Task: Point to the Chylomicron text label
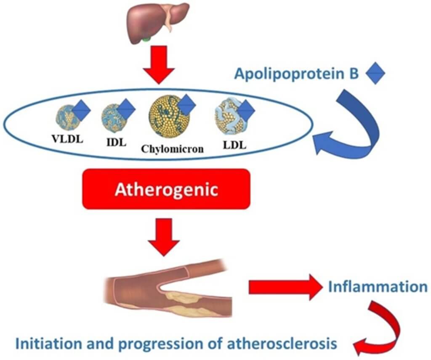click(x=166, y=148)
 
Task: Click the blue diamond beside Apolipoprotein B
click(x=375, y=74)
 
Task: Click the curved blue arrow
click(x=358, y=126)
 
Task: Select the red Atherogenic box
click(x=167, y=190)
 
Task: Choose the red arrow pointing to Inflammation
click(x=284, y=287)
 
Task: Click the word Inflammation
click(x=378, y=287)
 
